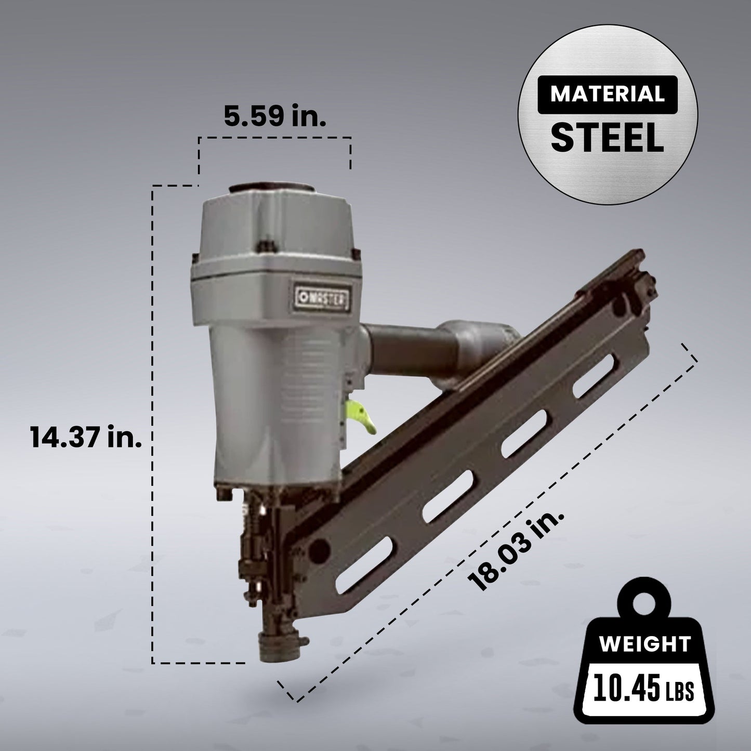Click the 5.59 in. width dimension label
275,116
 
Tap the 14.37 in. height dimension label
86,437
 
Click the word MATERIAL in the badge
607,94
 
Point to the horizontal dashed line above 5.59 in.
274,138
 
